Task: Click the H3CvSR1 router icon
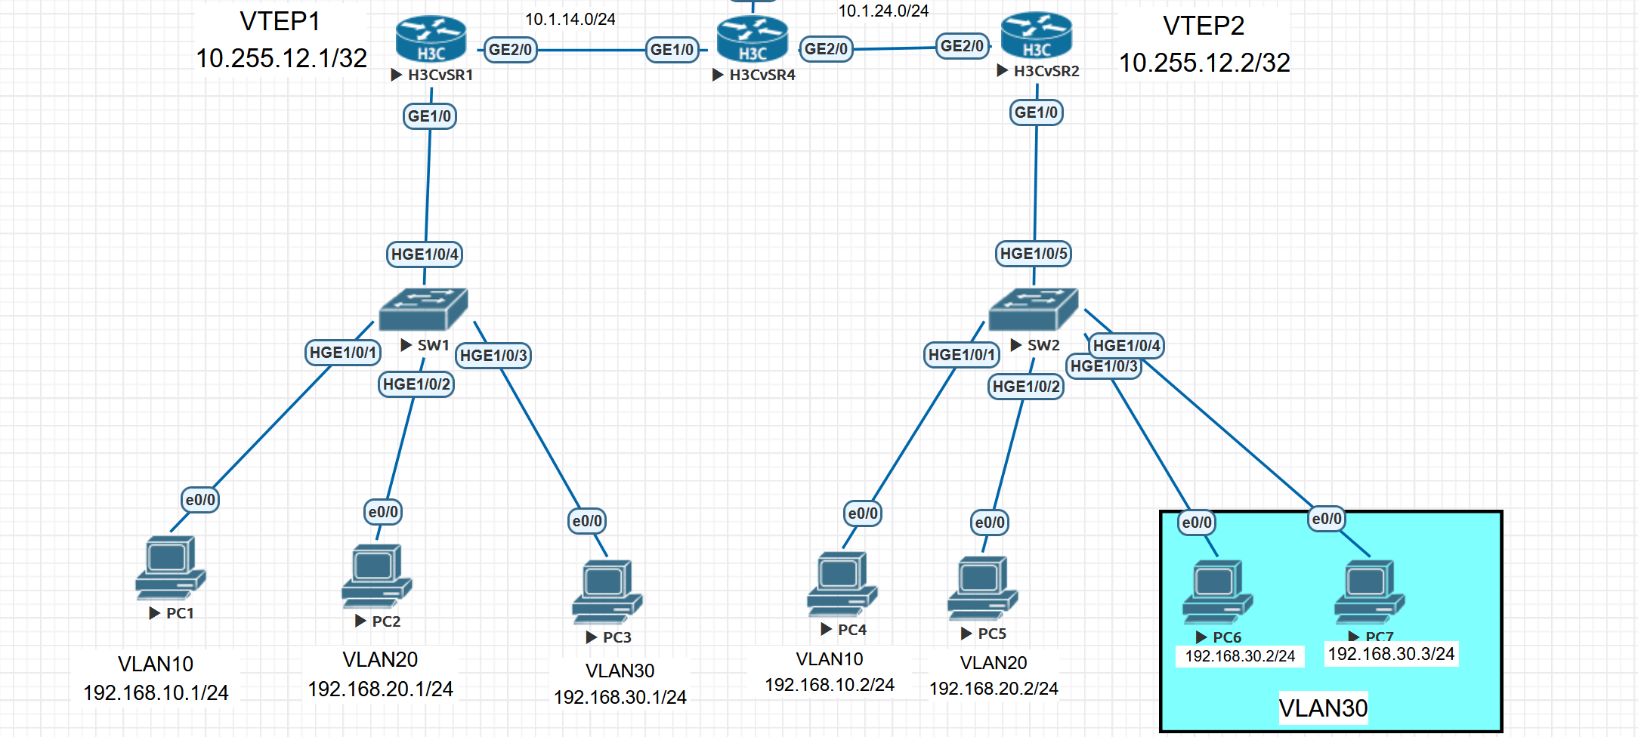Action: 431,39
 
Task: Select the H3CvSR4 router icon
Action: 752,39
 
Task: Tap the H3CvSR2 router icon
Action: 1036,35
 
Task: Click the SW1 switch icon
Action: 423,309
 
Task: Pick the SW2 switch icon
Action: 1033,309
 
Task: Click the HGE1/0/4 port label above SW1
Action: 425,254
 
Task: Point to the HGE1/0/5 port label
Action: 1034,254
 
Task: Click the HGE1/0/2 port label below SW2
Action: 1026,387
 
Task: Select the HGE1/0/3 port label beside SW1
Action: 493,356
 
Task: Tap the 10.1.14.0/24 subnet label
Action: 570,20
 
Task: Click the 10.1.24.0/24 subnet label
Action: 883,11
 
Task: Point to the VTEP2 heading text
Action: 1203,26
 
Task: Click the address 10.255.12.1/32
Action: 281,59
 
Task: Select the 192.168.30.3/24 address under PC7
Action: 1391,654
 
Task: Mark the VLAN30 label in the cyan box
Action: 1323,708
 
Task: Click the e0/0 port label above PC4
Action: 863,514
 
